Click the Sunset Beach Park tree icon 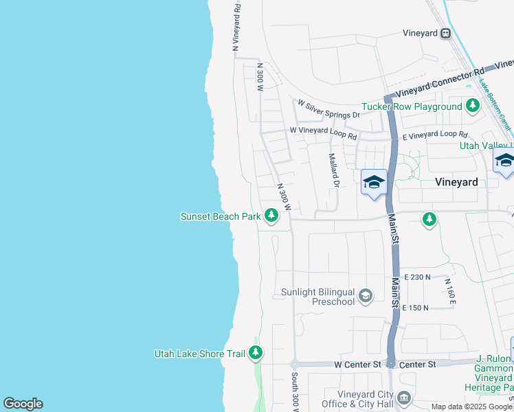(271, 216)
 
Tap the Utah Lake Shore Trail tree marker (256, 354)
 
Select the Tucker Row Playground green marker (472, 106)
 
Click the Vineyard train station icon (446, 32)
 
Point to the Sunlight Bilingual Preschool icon (366, 296)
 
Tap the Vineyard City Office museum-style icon (404, 397)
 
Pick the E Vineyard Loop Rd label (435, 136)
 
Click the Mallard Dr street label (334, 172)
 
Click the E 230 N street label (417, 277)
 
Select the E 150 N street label (416, 308)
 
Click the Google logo (23, 404)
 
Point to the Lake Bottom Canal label (495, 103)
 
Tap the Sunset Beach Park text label (220, 216)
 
